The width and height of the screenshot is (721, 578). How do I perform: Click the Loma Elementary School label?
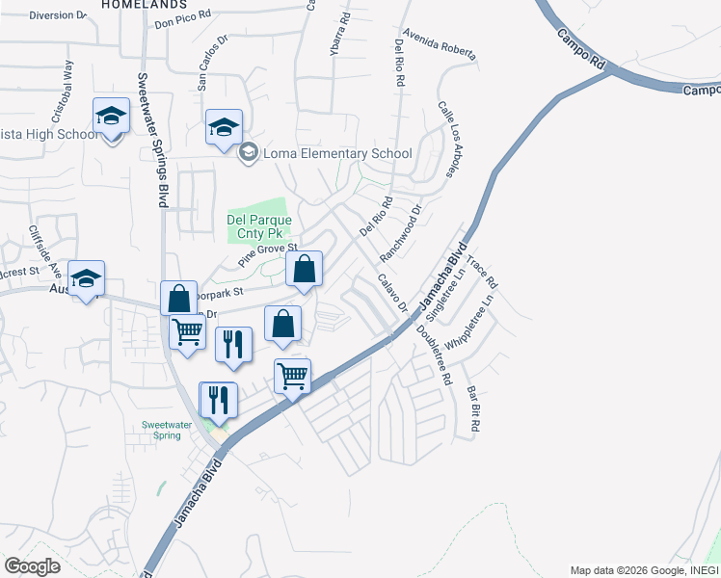click(337, 153)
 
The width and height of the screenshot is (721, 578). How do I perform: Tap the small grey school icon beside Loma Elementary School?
click(249, 152)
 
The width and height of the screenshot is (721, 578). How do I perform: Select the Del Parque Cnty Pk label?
click(259, 226)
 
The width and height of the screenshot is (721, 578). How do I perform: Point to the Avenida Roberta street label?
click(440, 44)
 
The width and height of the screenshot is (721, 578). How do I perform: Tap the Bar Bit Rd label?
click(473, 408)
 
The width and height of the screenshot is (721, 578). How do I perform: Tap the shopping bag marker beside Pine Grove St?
click(304, 272)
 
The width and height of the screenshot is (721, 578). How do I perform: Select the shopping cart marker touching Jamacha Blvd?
click(293, 377)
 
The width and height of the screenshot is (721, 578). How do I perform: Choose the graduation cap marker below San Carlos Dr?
click(224, 128)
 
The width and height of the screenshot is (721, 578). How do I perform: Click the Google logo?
click(32, 565)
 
